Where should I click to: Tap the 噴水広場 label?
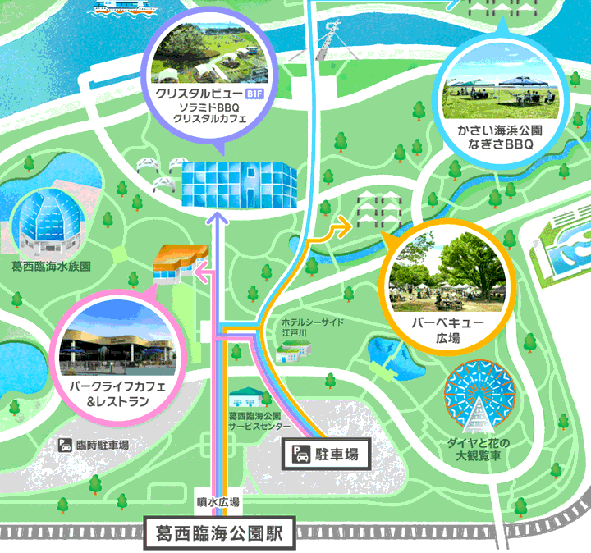[218, 501]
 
